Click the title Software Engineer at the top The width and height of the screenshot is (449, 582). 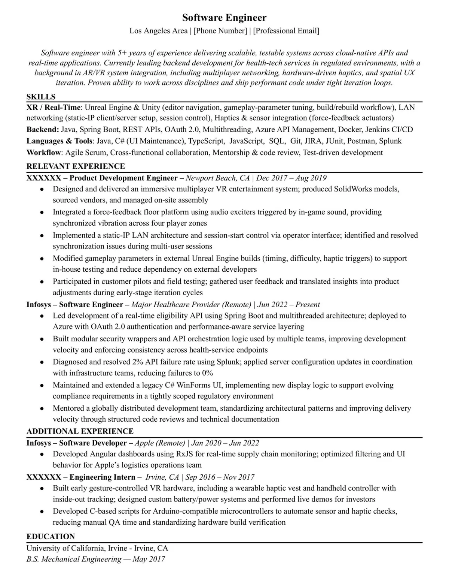pos(224,18)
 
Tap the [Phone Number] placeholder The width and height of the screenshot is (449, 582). pos(220,31)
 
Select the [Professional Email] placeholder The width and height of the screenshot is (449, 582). pos(286,31)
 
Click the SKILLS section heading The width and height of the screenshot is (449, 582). pos(41,97)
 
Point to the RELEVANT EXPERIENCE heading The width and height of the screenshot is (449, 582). pos(76,166)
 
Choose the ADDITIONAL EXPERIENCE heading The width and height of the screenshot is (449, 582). pos(80,431)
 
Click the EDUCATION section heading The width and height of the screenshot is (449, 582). pos(51,536)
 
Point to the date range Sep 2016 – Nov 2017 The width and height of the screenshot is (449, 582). pos(220,477)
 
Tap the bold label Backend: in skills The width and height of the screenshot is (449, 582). pos(43,130)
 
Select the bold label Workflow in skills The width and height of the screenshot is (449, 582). pos(43,153)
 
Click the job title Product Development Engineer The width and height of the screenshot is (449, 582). pos(123,178)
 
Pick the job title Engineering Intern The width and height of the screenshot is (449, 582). pos(102,477)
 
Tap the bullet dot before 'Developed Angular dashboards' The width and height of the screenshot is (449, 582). pos(42,454)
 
